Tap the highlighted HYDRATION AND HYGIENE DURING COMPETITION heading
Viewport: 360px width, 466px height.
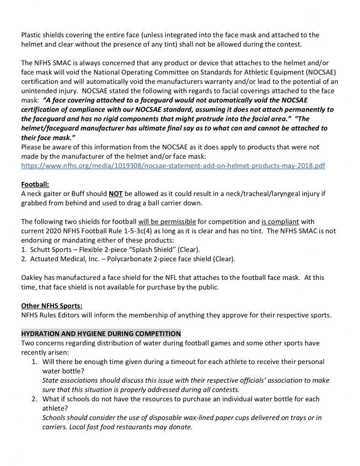point(101,334)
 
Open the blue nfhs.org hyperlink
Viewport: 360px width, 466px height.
point(173,166)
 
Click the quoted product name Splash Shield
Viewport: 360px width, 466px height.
point(154,250)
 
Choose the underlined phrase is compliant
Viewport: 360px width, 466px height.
point(280,222)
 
